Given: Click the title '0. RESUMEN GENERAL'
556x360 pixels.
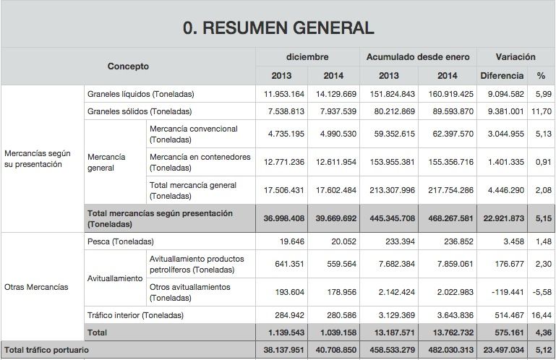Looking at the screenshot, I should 278,28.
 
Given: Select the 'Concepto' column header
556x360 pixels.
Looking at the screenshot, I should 128,66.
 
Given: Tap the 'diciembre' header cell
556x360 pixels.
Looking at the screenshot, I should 307,56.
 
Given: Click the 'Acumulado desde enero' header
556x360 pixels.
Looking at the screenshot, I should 417,56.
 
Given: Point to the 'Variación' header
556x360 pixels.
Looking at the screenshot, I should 516,56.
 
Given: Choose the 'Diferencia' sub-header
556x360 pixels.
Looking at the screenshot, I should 502,75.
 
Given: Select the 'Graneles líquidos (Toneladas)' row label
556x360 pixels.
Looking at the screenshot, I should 140,94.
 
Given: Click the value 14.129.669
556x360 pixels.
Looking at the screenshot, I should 334,94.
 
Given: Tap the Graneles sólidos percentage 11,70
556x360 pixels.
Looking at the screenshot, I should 541,111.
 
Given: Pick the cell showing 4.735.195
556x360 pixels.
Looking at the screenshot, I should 282,134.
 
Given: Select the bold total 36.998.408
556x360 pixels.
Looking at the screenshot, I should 282,218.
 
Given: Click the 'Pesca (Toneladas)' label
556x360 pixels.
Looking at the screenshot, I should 120,241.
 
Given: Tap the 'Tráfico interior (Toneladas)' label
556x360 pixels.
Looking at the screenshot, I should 135,315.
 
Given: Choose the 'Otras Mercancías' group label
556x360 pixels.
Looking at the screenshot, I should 36,287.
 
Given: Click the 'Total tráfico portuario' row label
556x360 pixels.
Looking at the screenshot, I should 46,350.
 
